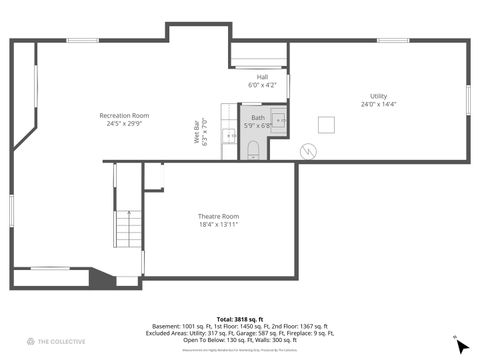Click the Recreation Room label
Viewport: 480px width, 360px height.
[x=124, y=115]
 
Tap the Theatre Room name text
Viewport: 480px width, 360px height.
[x=218, y=216]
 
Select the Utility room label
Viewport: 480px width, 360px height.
[x=378, y=96]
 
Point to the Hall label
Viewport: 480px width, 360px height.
[x=262, y=76]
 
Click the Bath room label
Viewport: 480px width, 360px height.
[x=258, y=117]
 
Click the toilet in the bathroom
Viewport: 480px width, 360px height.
[x=253, y=150]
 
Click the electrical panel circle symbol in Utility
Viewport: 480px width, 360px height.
[x=308, y=151]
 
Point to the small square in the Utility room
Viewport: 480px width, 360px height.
[x=326, y=124]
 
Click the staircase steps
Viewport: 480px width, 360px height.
[x=128, y=229]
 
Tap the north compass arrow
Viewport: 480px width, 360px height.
[x=461, y=346]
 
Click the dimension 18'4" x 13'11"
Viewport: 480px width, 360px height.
[x=218, y=224]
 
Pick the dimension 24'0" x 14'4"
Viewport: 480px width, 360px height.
[x=378, y=104]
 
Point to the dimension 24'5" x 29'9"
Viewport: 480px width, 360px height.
[x=124, y=123]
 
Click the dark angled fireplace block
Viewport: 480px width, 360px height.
[x=102, y=277]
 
